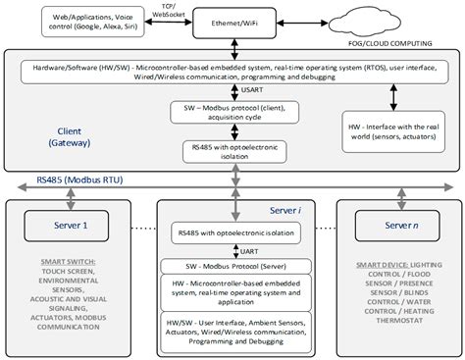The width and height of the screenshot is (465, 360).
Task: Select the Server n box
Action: click(x=396, y=226)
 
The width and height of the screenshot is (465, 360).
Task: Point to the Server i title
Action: click(x=285, y=210)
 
